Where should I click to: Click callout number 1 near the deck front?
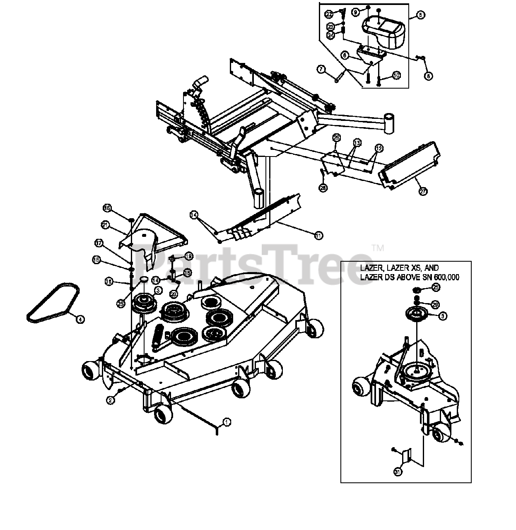(226, 422)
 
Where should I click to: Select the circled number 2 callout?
(110, 400)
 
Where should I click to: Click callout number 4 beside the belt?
(80, 319)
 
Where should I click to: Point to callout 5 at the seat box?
(420, 15)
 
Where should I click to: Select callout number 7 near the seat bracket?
(321, 69)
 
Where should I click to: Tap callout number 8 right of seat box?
(429, 76)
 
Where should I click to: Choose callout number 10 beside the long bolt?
(396, 76)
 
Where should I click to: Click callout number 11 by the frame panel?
(318, 236)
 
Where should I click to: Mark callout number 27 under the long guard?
(423, 191)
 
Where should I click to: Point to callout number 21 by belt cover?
(105, 225)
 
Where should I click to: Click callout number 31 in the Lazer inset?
(398, 472)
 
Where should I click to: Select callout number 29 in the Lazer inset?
(435, 304)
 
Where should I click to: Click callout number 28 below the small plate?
(323, 188)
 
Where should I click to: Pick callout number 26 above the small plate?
(336, 137)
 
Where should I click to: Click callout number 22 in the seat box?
(328, 14)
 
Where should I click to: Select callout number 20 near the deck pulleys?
(174, 294)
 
